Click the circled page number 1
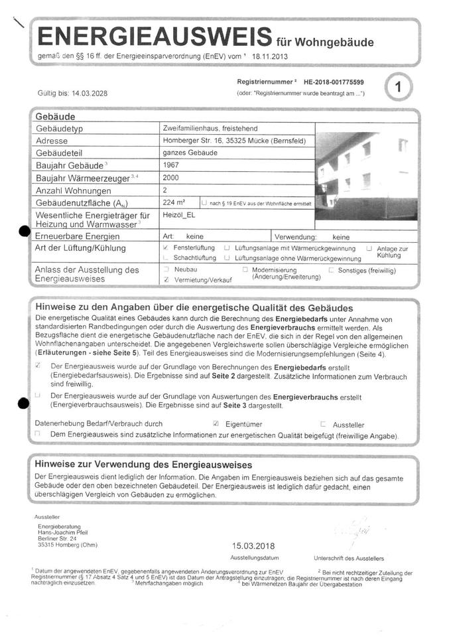pos(397,87)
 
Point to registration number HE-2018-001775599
pos(334,82)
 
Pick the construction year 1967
pos(170,165)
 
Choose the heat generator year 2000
pos(170,177)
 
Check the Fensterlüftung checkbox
pos(165,247)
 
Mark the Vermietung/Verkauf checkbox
pos(166,281)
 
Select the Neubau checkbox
pos(166,270)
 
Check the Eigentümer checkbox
pos(216,423)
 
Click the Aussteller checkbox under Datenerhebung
pos(323,423)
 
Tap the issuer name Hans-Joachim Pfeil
pos(68,532)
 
